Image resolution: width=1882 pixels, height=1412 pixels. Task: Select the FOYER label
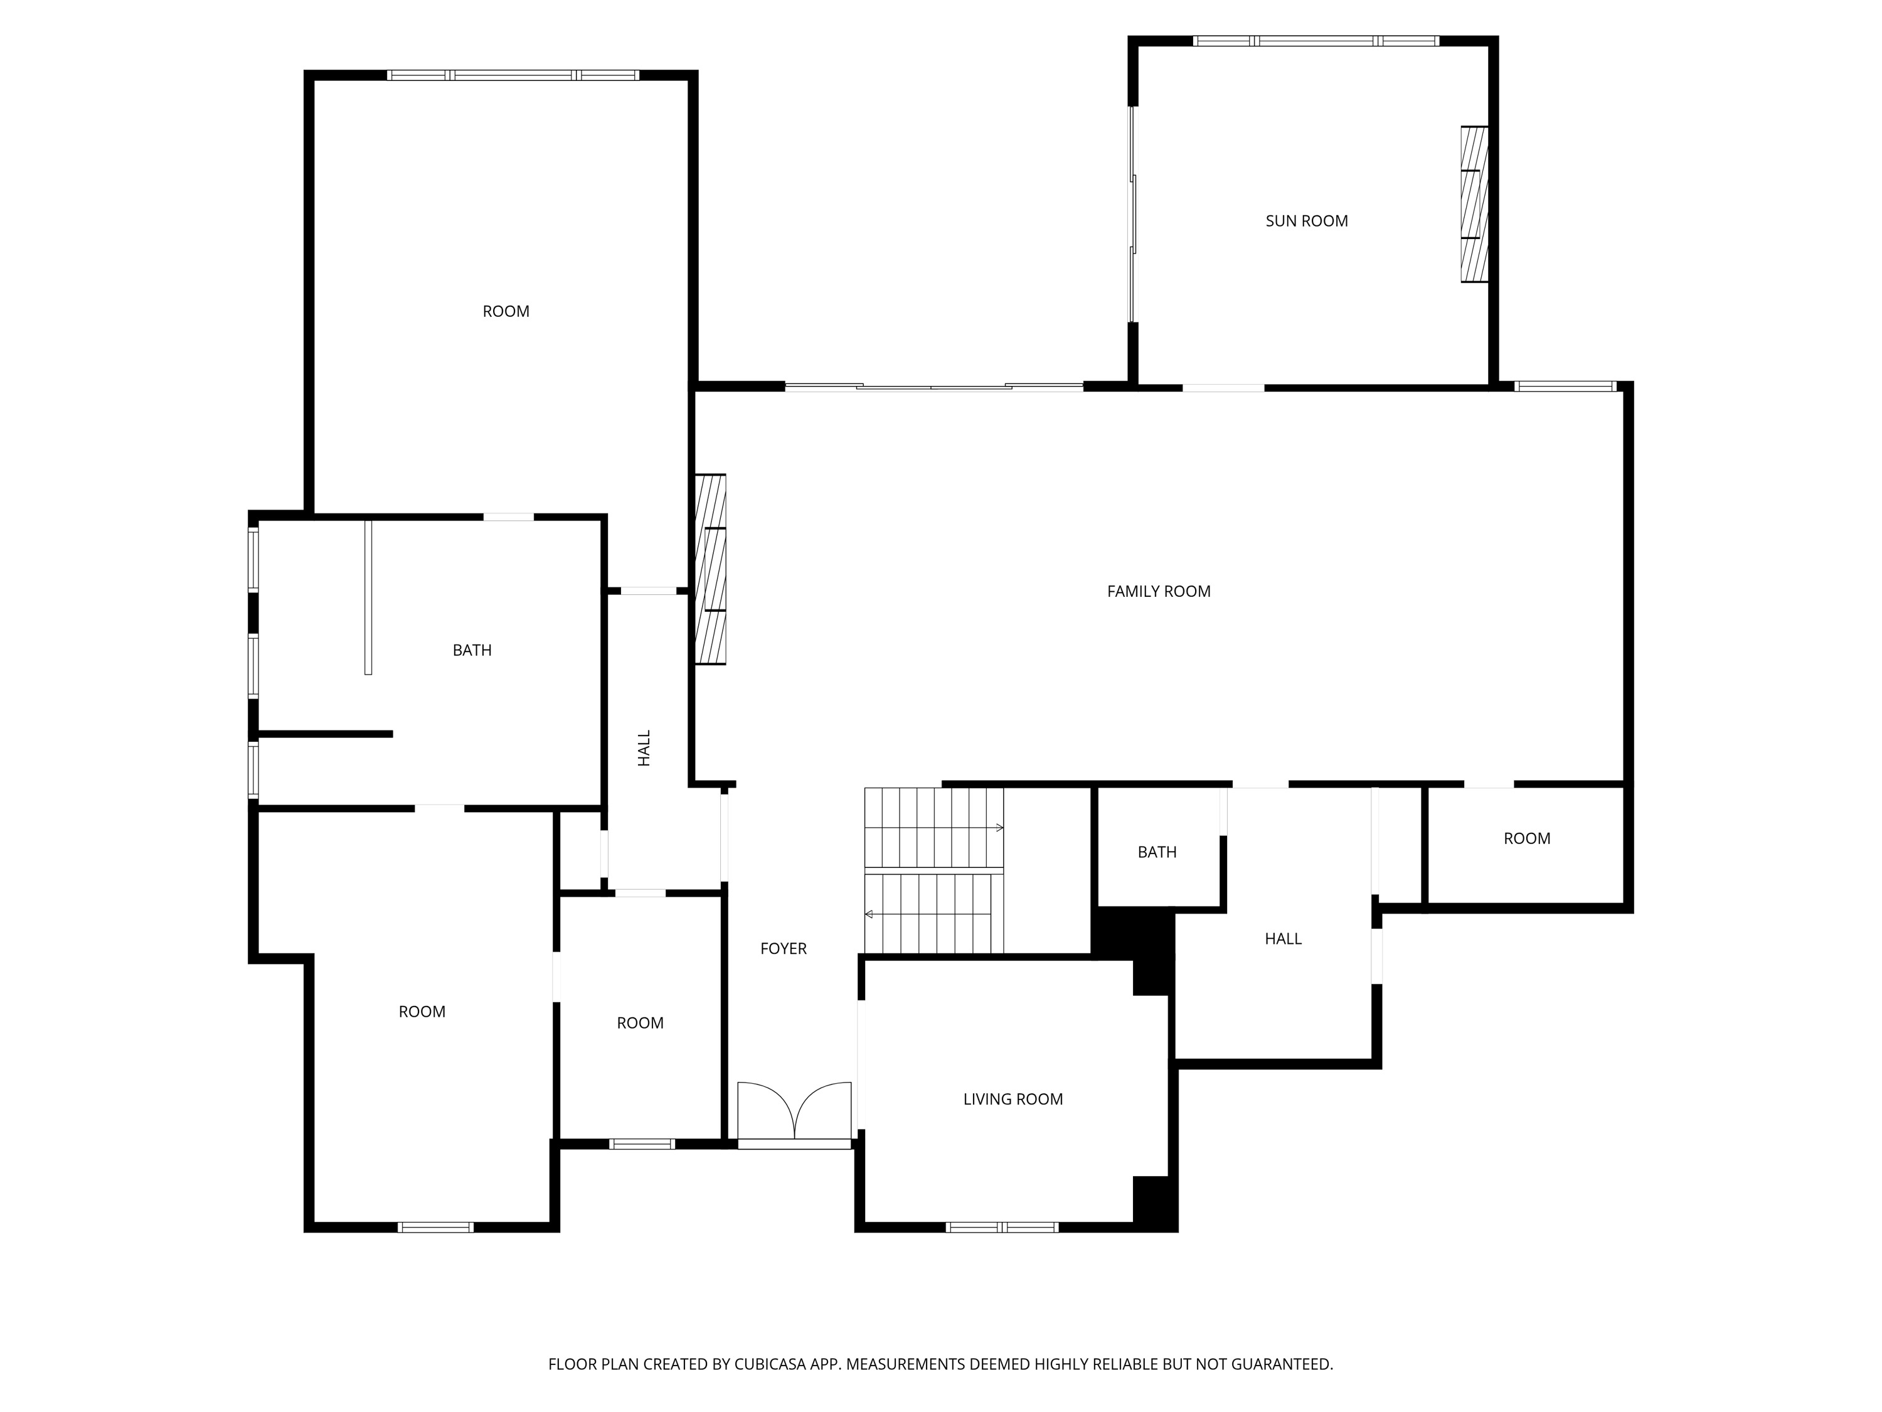(x=783, y=948)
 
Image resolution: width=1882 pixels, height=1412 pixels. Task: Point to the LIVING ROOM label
(x=1013, y=1099)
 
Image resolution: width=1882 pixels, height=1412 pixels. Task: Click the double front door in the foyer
(x=794, y=1113)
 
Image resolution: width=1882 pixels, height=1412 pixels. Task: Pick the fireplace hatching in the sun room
(x=1474, y=204)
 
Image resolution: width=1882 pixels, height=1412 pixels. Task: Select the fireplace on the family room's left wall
(x=710, y=569)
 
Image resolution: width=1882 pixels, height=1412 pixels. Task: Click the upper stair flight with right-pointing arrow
(x=933, y=826)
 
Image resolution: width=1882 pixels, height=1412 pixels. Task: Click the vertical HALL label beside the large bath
(x=644, y=747)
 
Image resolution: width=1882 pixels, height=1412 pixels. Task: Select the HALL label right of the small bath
(x=1282, y=939)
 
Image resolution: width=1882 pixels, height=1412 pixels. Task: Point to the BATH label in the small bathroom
(x=1156, y=852)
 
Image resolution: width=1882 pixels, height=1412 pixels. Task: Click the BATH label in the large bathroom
(x=471, y=650)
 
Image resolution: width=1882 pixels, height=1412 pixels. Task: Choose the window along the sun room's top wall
(x=1316, y=41)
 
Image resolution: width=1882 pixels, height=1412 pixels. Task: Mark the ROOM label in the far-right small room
(x=1526, y=838)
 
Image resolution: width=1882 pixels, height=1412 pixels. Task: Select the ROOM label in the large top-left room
(x=506, y=311)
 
